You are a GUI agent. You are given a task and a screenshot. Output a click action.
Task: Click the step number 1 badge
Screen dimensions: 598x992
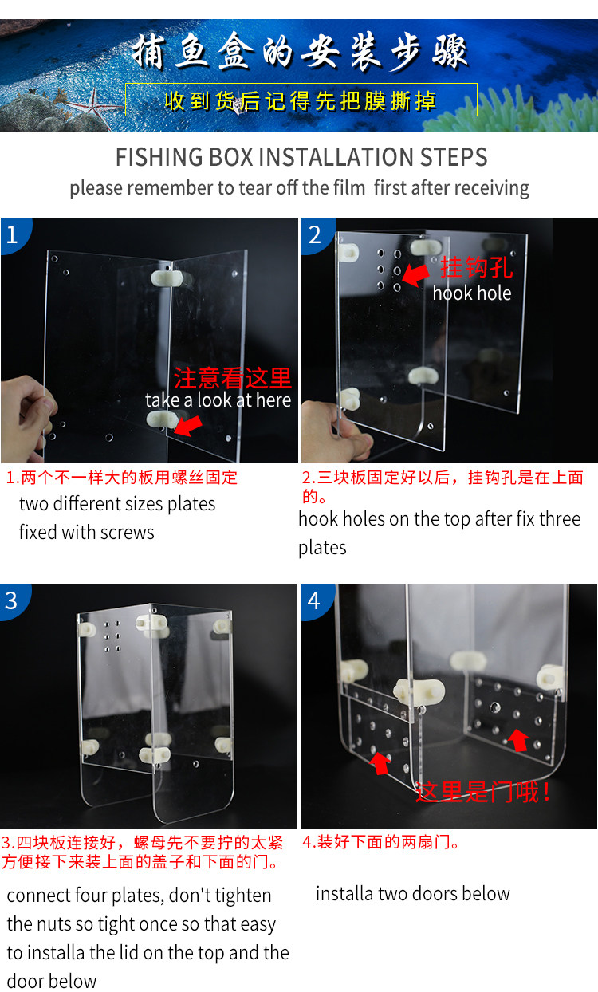coord(14,234)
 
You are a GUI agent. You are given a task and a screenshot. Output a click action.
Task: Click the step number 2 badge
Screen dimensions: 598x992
coord(317,234)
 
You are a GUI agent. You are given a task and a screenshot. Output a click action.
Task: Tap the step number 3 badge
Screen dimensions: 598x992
coord(14,600)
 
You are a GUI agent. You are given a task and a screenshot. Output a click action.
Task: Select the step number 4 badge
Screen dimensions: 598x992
coord(316,600)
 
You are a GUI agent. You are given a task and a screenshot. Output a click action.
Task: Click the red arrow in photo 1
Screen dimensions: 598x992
coord(188,427)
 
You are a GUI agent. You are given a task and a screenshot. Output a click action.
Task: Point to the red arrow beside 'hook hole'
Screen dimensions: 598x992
coord(415,274)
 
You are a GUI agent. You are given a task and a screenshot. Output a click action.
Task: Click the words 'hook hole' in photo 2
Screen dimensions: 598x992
coord(472,293)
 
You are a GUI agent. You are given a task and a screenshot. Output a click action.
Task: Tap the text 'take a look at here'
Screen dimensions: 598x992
coord(218,400)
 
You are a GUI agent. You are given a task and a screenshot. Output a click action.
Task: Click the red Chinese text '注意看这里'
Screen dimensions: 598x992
coord(233,378)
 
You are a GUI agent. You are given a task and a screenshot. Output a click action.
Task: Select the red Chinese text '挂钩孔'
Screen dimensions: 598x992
coord(477,267)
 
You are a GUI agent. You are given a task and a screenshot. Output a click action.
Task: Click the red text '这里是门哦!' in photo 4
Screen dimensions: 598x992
coord(483,793)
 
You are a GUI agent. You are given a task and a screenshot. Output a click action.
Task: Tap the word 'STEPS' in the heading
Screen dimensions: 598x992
coord(453,157)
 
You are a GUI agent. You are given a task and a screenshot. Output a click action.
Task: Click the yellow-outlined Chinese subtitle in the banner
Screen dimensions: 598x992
coord(301,100)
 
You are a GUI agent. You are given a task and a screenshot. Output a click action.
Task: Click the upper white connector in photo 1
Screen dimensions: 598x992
coord(167,278)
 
